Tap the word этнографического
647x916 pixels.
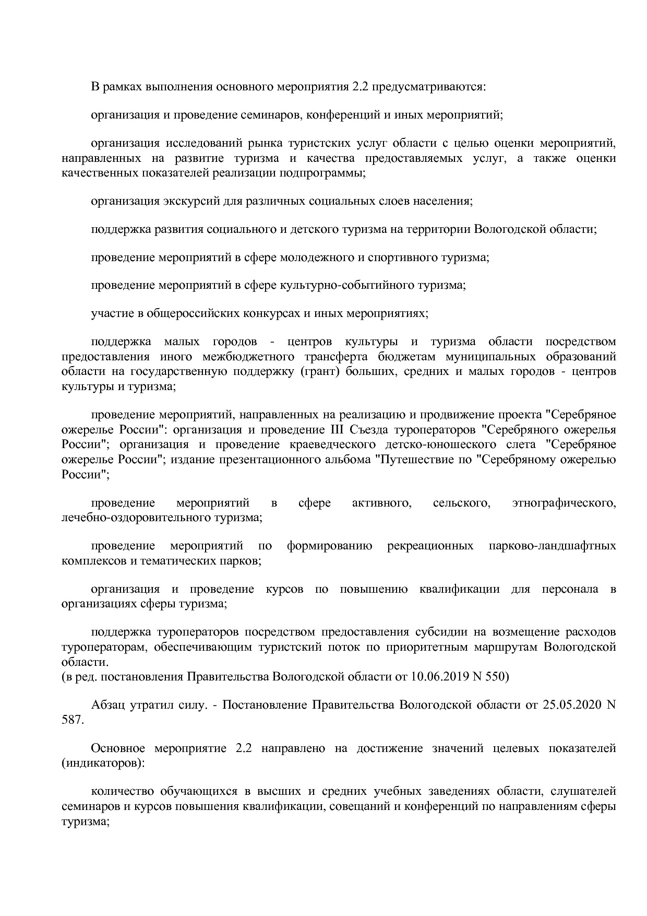click(x=564, y=503)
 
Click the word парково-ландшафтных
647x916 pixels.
click(x=552, y=546)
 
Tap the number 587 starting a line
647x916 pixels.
click(x=71, y=720)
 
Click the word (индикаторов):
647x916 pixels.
click(x=103, y=763)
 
